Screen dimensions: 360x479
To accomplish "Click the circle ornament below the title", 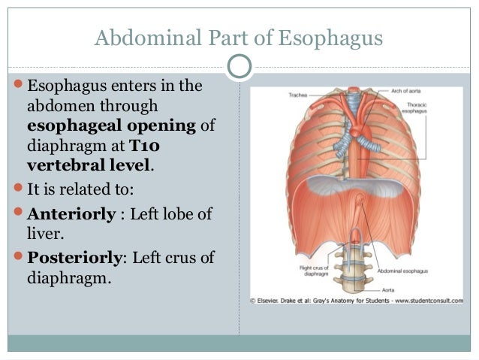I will tap(239, 66).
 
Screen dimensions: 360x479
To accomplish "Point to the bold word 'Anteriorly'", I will tap(72, 214).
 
